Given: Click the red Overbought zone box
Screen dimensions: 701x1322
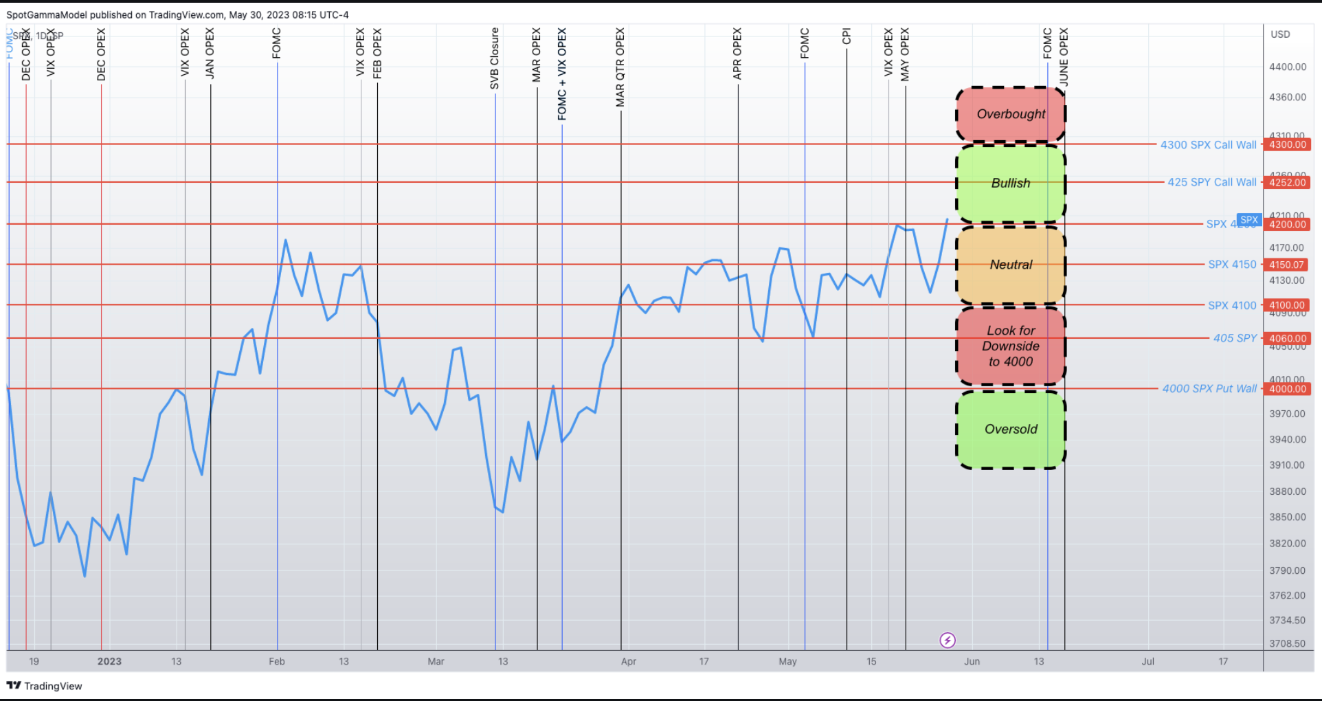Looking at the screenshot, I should click(x=1011, y=114).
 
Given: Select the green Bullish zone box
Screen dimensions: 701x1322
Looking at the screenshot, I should click(x=1011, y=183).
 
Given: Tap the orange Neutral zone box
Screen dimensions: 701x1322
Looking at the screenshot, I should click(x=1011, y=265).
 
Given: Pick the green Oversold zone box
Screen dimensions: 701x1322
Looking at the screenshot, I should click(x=1011, y=430).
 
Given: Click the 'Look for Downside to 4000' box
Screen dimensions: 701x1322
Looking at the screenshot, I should click(x=1011, y=346).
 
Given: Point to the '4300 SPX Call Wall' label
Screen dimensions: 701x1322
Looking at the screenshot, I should click(x=1208, y=145).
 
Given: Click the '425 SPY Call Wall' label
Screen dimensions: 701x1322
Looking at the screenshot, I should click(x=1211, y=182).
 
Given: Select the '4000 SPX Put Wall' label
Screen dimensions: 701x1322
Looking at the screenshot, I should click(x=1209, y=389).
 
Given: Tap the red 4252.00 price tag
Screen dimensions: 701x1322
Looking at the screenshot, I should click(x=1288, y=183).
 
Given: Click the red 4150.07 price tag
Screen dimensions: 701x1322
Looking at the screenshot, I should click(x=1286, y=265).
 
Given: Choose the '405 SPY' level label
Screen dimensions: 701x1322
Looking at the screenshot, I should click(x=1235, y=338).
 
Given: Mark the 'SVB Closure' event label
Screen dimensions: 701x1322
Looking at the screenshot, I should click(x=495, y=59).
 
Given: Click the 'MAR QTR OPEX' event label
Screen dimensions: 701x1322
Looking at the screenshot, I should click(x=620, y=67).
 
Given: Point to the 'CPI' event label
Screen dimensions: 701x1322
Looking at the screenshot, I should click(x=847, y=36).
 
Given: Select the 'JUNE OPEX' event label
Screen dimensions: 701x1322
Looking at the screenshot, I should click(x=1064, y=57).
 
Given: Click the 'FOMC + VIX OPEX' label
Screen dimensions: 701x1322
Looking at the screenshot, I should click(x=562, y=74).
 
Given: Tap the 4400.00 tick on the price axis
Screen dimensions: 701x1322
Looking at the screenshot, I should click(x=1288, y=67).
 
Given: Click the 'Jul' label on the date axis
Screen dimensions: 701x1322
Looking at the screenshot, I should click(x=1147, y=662).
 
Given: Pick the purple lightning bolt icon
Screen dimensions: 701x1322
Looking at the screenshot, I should click(x=948, y=641).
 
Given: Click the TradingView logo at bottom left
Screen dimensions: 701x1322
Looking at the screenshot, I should click(x=44, y=686).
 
